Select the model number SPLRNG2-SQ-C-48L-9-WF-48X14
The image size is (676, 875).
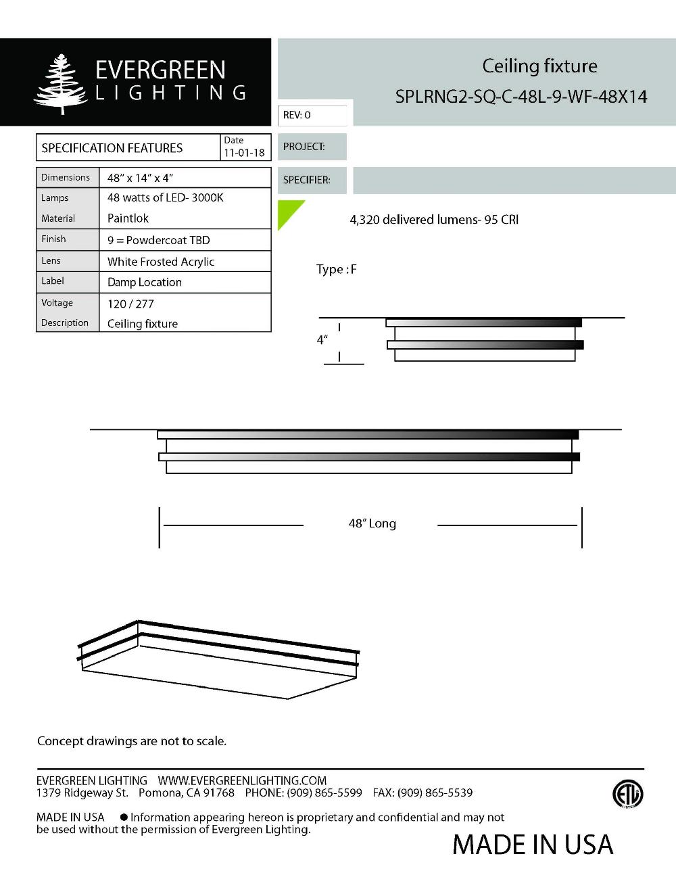click(521, 97)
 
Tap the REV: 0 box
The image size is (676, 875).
click(312, 115)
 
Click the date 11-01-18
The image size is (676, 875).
click(244, 153)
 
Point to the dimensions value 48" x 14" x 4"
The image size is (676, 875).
click(140, 178)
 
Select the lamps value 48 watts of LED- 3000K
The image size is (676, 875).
click(165, 197)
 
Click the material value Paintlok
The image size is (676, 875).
click(128, 218)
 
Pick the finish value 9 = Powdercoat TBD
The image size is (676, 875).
click(158, 240)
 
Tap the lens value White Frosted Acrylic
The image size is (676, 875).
click(160, 262)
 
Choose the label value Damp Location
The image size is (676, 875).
click(144, 282)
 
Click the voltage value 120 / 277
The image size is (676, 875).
click(130, 304)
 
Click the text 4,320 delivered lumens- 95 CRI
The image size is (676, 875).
click(434, 220)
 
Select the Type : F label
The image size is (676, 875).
click(336, 269)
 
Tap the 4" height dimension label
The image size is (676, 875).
click(322, 339)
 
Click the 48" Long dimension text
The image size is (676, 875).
click(372, 523)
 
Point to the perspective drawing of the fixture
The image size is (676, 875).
click(218, 659)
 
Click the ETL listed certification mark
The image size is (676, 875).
click(627, 794)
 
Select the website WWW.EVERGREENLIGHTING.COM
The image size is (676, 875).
click(242, 780)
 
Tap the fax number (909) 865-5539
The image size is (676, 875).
click(435, 793)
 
